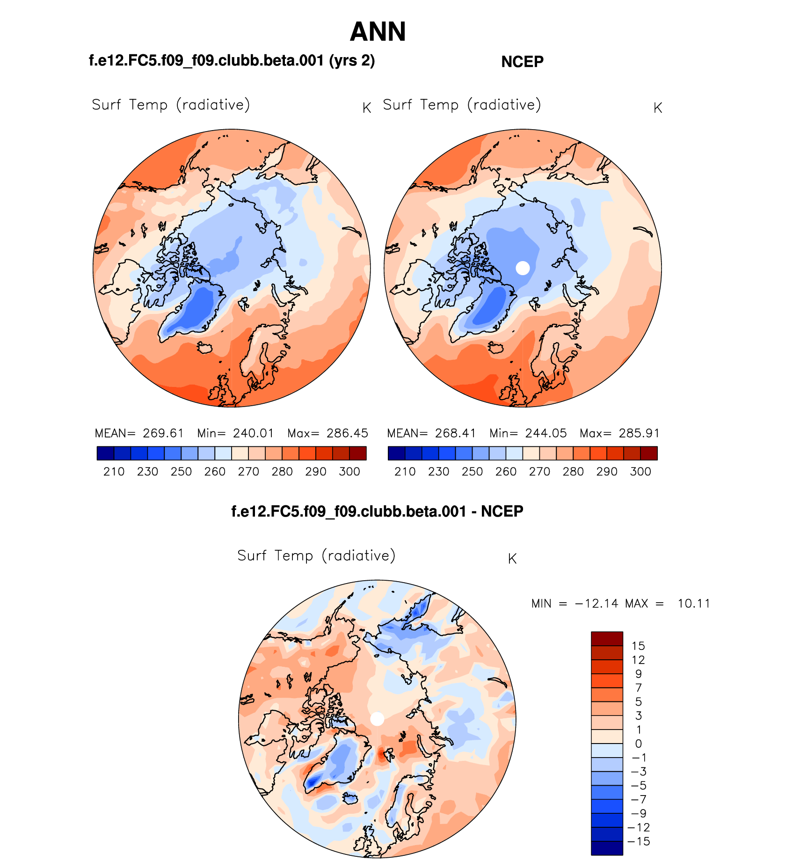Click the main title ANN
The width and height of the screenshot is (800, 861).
click(x=378, y=32)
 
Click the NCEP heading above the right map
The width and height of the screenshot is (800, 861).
click(x=522, y=62)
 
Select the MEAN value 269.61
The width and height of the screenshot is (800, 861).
click(x=163, y=433)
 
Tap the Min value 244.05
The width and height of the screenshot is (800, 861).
click(x=545, y=433)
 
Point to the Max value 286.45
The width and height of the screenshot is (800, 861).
click(x=347, y=433)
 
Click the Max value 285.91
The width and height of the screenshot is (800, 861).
click(x=639, y=433)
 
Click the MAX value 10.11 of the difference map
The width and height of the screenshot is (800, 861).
click(x=694, y=604)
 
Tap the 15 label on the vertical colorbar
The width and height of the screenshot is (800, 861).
click(x=638, y=646)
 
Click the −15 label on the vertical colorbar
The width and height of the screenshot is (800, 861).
click(x=638, y=841)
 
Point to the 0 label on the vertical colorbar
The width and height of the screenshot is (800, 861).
click(x=638, y=744)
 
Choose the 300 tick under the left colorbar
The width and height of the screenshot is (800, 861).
click(x=349, y=472)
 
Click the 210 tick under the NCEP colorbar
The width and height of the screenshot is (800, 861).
click(x=405, y=472)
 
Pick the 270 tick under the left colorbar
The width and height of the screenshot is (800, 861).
click(x=248, y=472)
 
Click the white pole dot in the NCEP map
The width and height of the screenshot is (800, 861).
click(x=523, y=268)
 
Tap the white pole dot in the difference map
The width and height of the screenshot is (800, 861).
click(x=377, y=719)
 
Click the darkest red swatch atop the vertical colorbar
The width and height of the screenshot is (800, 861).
click(x=607, y=639)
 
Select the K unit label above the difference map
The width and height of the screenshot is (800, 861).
click(x=512, y=559)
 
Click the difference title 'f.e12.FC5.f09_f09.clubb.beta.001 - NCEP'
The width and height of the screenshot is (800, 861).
click(x=377, y=511)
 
